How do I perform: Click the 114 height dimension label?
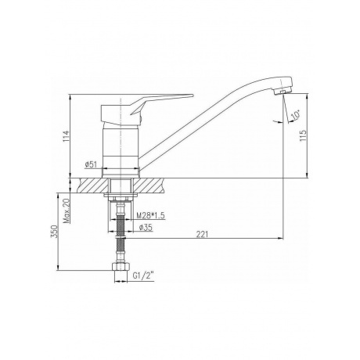coord(67,136)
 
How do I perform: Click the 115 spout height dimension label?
coord(303,135)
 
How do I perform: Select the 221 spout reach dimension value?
coord(202,234)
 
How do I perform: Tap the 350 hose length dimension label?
coord(54,231)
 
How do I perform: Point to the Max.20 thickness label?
coord(67,211)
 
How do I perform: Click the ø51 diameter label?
coord(91,164)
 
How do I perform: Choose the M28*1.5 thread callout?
coord(151,215)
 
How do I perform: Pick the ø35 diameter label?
coord(146,228)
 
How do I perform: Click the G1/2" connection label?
coord(143,275)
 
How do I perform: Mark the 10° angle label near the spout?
coord(296,115)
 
